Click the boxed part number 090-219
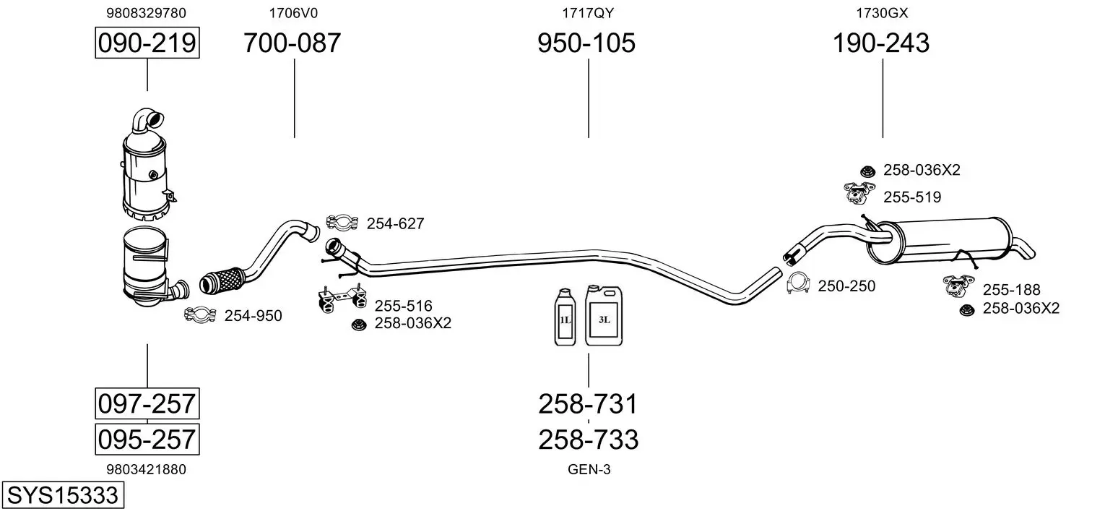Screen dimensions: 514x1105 coord(147,43)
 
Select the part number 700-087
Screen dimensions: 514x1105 coord(292,43)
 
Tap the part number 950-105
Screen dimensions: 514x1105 coord(586,43)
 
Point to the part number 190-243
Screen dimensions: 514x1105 coord(881,43)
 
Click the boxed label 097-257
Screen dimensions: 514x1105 coord(147,403)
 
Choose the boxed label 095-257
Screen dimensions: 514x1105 coord(147,439)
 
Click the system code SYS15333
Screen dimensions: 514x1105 coord(62,496)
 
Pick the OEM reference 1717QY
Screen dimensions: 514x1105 coord(588,12)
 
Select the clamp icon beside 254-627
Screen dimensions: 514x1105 coord(343,223)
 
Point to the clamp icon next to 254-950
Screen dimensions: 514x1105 coord(201,314)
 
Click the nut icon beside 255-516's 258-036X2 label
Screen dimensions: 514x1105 coord(357,324)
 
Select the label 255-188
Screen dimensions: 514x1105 coord(1011,290)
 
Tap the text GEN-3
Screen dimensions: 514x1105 coord(589,469)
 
